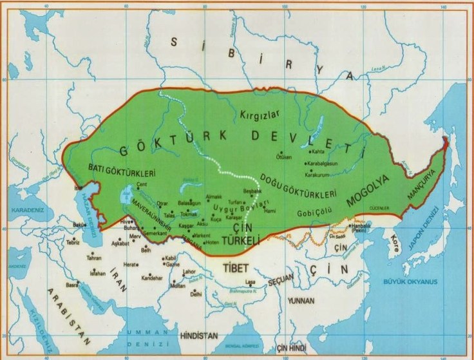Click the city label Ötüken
(x=284, y=157)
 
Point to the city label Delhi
(x=196, y=293)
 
